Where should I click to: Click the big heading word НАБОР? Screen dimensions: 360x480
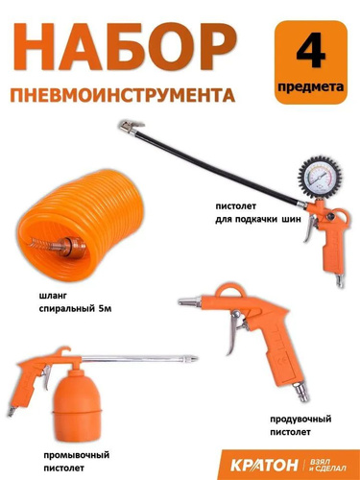point(124,50)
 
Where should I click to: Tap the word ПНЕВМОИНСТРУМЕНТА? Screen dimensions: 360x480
point(123,94)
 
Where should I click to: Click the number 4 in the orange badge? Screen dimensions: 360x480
point(311,53)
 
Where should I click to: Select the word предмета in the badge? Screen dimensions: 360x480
point(311,86)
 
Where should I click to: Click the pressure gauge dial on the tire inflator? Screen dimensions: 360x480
point(315,178)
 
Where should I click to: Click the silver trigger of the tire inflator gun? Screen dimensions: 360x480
point(310,228)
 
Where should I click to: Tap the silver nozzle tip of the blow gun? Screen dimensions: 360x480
point(189,301)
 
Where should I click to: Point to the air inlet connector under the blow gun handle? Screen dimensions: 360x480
point(300,390)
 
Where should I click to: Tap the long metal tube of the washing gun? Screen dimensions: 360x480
point(140,358)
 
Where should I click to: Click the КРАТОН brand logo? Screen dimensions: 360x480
point(264,465)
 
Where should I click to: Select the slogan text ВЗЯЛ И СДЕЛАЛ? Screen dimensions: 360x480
point(328,465)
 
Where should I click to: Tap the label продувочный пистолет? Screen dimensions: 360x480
point(300,425)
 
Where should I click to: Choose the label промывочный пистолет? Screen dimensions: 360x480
point(76,462)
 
